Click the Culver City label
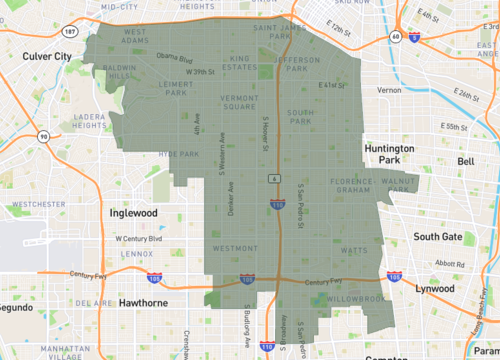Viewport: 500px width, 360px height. coord(49,58)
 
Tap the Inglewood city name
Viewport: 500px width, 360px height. coord(134,213)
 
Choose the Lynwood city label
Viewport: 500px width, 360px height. coord(433,288)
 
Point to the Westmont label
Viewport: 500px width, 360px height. coord(236,247)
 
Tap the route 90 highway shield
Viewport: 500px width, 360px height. coord(43,137)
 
